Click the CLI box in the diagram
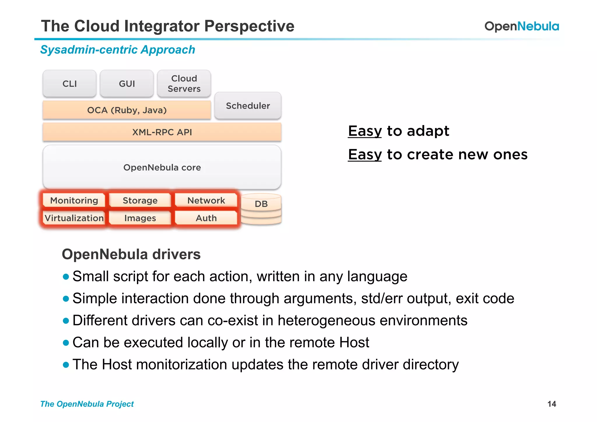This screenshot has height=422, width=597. [69, 84]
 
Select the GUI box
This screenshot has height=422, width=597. [127, 84]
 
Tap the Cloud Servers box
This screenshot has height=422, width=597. [184, 84]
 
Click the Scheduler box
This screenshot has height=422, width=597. [248, 106]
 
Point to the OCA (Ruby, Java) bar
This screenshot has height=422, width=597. [127, 110]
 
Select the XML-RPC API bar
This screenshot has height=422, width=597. [162, 132]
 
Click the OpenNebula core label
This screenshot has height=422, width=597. [162, 167]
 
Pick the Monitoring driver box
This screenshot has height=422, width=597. [74, 200]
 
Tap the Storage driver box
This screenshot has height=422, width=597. [140, 200]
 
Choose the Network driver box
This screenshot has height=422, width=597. [206, 200]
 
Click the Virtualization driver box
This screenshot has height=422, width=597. [74, 218]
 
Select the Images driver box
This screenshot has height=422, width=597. [140, 218]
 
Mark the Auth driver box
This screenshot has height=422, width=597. [206, 218]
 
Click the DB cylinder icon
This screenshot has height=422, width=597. [261, 209]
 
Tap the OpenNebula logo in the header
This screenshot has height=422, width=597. [522, 26]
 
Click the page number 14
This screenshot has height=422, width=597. [552, 404]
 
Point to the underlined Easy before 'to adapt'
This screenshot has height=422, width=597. [365, 131]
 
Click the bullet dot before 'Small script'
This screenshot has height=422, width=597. [66, 276]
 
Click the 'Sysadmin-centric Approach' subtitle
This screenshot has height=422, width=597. [117, 50]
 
